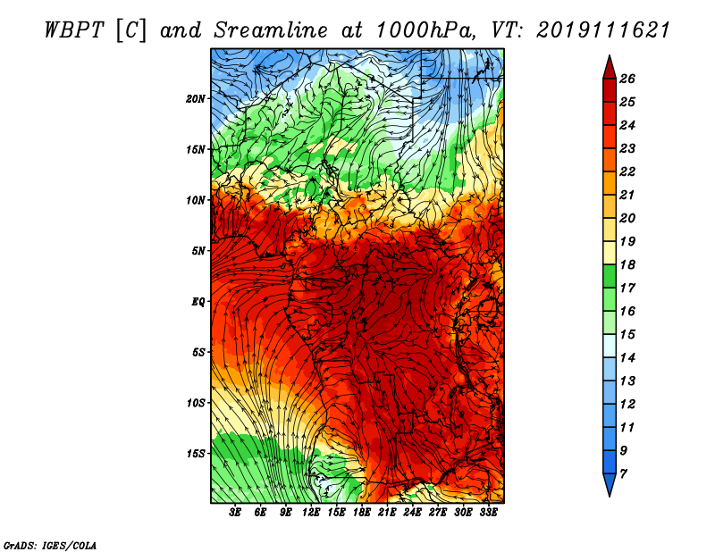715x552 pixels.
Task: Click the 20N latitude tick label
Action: [196, 98]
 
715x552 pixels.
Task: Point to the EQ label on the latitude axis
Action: [198, 301]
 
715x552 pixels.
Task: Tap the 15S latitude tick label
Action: [196, 453]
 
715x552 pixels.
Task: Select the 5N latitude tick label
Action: [198, 251]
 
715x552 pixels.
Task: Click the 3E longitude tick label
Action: [235, 513]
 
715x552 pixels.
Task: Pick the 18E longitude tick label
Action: [362, 513]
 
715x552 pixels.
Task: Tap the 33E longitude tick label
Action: [488, 513]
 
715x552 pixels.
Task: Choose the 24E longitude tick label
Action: [412, 513]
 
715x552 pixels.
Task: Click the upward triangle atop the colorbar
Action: [608, 66]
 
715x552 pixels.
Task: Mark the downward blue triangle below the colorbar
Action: [608, 485]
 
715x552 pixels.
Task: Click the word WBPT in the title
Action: [72, 29]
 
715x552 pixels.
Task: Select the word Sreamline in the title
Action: [256, 29]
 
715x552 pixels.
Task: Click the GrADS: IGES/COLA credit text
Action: [49, 544]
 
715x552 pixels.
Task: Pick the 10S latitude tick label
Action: [196, 403]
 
